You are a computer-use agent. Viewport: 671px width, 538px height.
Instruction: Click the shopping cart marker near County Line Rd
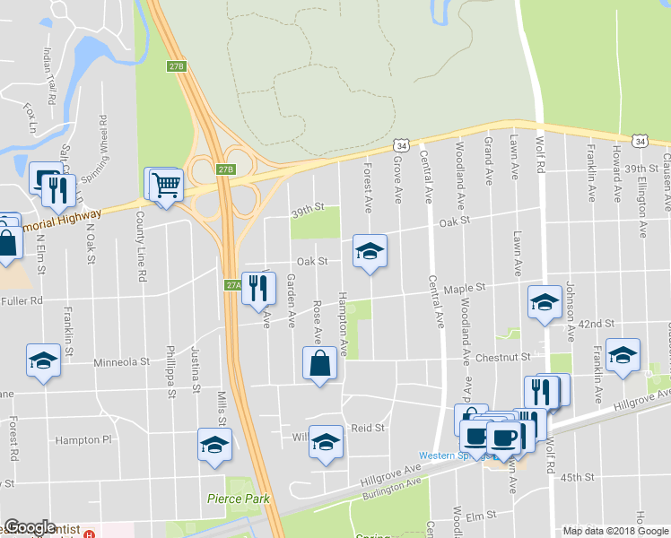[x=166, y=186]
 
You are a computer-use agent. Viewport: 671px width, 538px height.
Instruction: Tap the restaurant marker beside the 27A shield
[x=258, y=289]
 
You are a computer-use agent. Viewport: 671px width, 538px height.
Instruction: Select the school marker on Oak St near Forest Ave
[x=369, y=252]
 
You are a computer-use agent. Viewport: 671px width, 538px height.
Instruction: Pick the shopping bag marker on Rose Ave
[x=320, y=365]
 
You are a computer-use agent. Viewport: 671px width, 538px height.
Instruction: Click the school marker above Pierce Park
[x=214, y=445]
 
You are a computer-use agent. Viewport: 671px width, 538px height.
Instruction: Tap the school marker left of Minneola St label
[x=43, y=360]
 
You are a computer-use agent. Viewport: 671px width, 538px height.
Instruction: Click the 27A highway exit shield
[x=232, y=284]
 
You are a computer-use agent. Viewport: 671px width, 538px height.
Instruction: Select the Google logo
[x=30, y=527]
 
